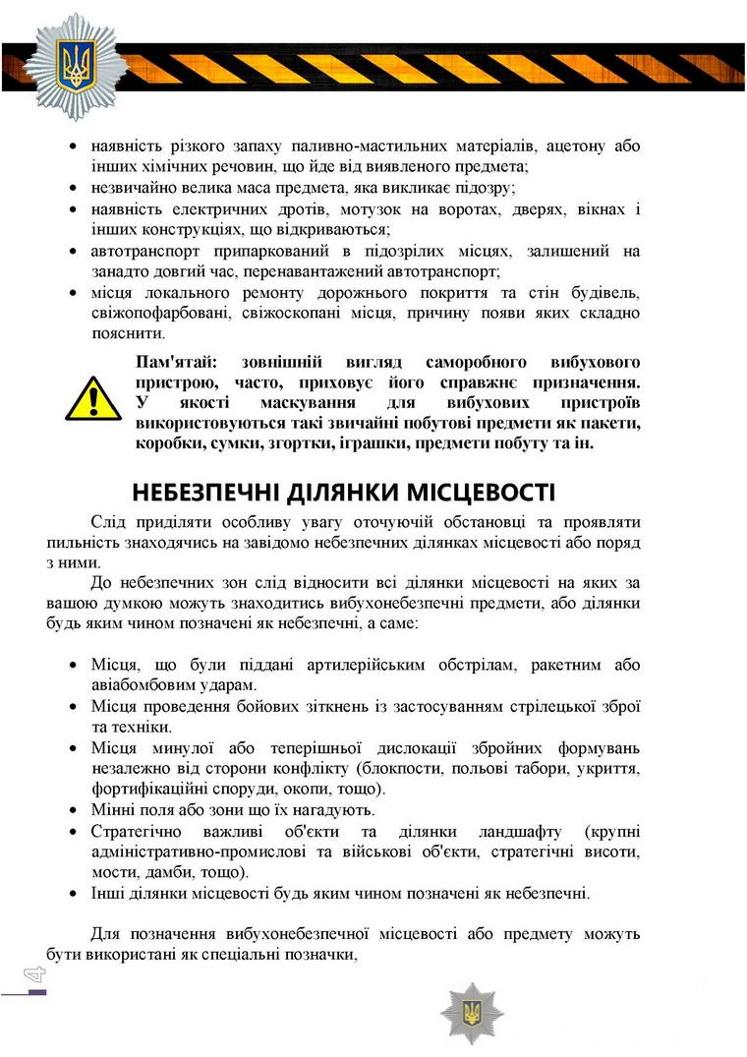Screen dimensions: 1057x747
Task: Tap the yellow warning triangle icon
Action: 93,398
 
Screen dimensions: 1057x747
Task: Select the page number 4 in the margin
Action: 35,974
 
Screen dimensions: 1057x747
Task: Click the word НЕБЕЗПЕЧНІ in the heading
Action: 205,492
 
